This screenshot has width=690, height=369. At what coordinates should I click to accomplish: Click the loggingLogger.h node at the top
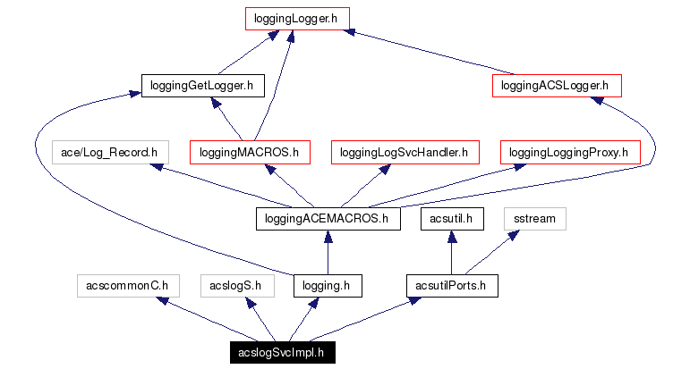(296, 18)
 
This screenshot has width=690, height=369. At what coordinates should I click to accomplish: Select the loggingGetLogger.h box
(201, 86)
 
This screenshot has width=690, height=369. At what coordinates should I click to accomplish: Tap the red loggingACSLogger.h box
(556, 86)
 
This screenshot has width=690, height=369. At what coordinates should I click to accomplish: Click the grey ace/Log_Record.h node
(109, 153)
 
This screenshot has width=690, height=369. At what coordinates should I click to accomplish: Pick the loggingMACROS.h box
(250, 153)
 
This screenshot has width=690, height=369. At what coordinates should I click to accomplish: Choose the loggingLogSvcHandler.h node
(405, 153)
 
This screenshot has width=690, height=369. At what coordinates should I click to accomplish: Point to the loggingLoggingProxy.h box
(568, 153)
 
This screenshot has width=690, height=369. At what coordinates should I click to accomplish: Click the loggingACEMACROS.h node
(328, 219)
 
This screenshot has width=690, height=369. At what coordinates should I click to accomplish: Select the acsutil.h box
(453, 219)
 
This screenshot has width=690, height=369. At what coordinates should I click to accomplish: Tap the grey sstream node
(534, 219)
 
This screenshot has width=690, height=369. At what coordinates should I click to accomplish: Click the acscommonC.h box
(127, 286)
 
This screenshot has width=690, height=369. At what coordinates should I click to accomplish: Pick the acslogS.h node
(234, 286)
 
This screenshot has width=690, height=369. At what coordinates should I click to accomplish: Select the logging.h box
(328, 286)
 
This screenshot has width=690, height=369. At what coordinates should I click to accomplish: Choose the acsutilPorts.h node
(451, 286)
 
